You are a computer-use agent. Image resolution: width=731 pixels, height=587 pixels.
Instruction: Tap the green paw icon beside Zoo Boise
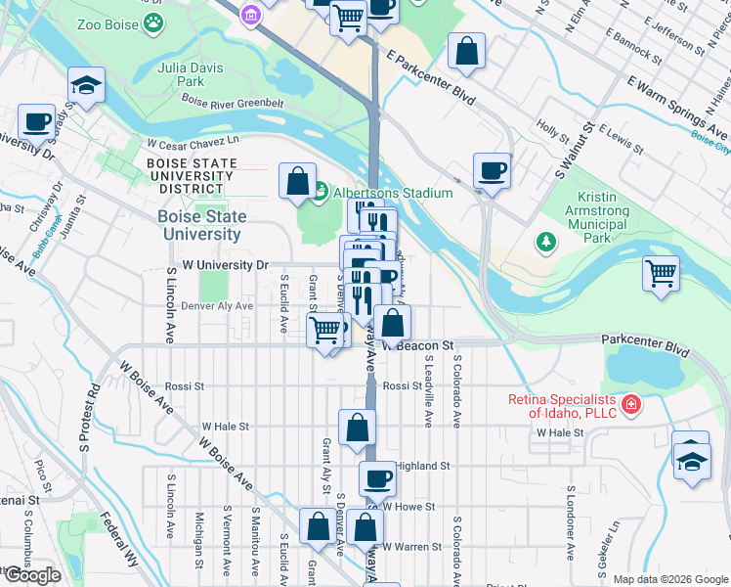[153, 21]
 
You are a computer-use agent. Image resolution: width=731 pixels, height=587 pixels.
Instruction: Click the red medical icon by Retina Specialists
[631, 403]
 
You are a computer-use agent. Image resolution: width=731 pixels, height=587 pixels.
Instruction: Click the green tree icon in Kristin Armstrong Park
[544, 240]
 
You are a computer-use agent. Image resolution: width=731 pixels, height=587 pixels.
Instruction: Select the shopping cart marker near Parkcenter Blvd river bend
[662, 272]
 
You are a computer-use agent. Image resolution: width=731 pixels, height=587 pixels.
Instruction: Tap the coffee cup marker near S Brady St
[37, 122]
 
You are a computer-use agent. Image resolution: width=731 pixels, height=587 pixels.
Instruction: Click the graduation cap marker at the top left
[86, 86]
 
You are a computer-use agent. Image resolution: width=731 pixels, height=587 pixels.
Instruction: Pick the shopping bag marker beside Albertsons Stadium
[297, 181]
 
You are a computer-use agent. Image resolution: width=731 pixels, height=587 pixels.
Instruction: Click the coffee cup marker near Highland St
[377, 479]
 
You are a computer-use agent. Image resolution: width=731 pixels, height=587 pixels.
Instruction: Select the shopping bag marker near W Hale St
[358, 427]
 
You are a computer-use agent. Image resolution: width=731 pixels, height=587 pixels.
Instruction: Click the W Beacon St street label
[419, 345]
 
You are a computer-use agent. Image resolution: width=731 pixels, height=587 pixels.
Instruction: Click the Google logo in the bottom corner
[32, 574]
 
